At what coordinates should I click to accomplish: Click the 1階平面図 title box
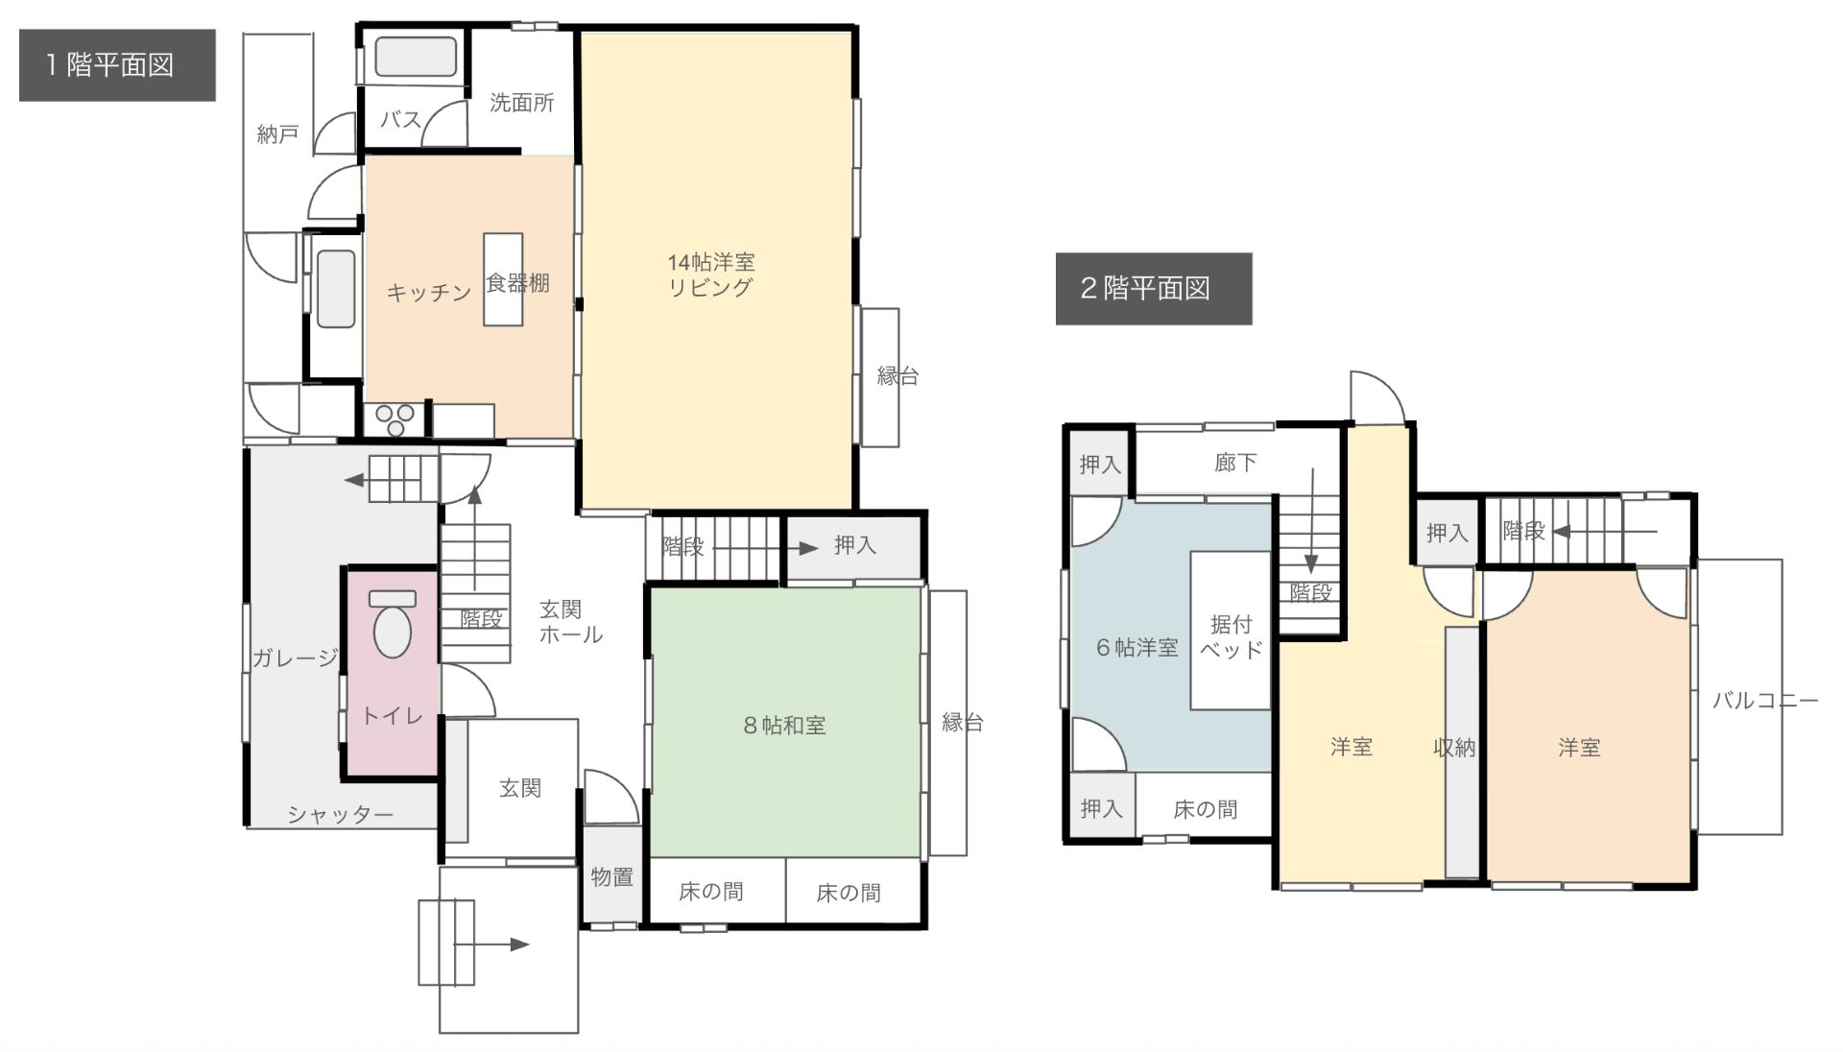tap(117, 65)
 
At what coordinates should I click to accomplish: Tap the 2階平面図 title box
tap(1153, 288)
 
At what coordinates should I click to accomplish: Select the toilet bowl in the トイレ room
tap(392, 629)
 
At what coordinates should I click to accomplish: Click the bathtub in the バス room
tap(415, 58)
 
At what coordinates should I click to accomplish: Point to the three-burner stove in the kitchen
tap(395, 419)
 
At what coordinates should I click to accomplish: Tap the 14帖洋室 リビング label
tap(711, 275)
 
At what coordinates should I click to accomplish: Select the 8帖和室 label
tap(784, 726)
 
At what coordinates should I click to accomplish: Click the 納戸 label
tap(277, 134)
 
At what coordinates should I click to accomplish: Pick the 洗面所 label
tap(521, 103)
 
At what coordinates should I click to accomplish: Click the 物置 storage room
tap(611, 876)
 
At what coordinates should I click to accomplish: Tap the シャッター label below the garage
tap(341, 815)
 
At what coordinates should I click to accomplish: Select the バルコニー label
tap(1764, 701)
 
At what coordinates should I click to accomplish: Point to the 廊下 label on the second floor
tap(1234, 464)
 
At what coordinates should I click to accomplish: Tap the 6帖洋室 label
tap(1137, 648)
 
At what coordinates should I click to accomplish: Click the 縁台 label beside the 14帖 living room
tap(897, 376)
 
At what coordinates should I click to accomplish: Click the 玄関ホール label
tap(570, 622)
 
